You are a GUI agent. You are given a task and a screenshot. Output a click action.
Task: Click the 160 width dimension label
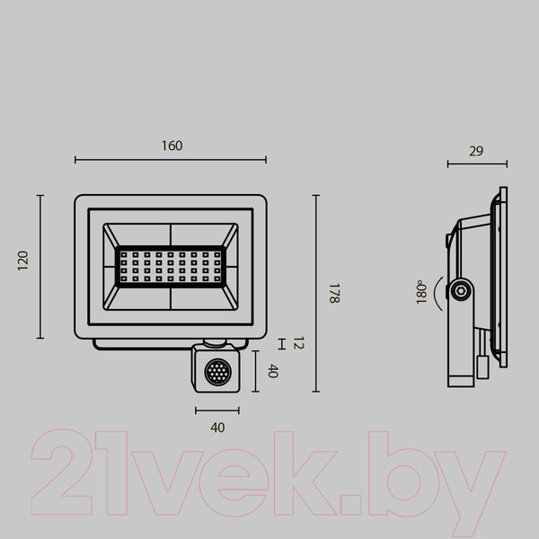point(171,146)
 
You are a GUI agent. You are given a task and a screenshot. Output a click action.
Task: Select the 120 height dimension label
point(24,261)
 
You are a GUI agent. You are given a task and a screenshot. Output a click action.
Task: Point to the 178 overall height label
point(333,294)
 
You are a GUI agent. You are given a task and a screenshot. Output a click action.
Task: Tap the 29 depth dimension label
point(476,151)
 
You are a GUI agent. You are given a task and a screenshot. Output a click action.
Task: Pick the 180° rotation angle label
point(420,294)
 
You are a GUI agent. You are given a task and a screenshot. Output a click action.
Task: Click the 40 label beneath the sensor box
point(216,428)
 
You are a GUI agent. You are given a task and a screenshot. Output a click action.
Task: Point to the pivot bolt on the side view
point(461,290)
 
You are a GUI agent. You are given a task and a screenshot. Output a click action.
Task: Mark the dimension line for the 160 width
point(171,161)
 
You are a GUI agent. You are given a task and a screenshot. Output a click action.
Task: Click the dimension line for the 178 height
point(316,294)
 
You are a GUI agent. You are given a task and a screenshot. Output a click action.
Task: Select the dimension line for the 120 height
point(40,267)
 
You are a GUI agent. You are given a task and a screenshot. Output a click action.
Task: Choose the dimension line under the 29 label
point(477,164)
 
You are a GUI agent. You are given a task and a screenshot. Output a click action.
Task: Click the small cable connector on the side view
point(482,365)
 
